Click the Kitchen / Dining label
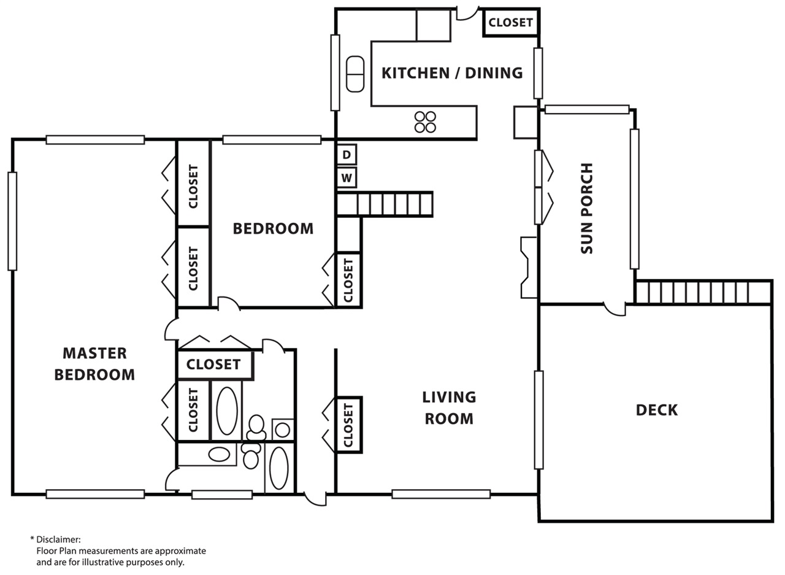point(452,73)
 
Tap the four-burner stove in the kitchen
point(425,122)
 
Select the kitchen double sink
point(355,74)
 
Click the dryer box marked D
point(347,155)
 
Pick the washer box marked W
point(347,178)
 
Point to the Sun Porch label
point(587,208)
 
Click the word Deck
point(657,410)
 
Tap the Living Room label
point(449,407)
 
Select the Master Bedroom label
point(94,363)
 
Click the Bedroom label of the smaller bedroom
point(273,229)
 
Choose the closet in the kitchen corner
point(511,23)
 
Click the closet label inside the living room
point(348,425)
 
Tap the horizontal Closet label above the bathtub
point(213,365)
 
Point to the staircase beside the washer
point(385,204)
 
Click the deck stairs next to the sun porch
point(703,291)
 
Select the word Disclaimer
point(58,539)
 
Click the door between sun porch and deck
point(615,309)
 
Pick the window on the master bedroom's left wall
point(12,222)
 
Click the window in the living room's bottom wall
point(441,494)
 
